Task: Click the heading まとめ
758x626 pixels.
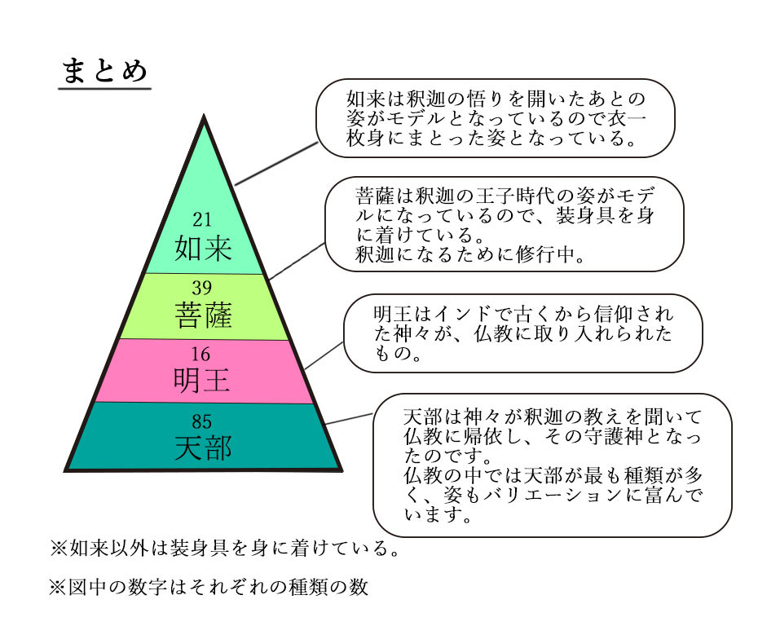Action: (x=104, y=71)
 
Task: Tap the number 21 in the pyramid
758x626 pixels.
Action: (x=202, y=220)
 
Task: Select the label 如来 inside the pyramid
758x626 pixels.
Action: (x=203, y=249)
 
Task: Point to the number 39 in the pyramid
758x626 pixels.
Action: (x=202, y=288)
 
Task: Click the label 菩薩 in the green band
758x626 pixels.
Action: (x=203, y=315)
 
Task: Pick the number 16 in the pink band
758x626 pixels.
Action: (x=201, y=355)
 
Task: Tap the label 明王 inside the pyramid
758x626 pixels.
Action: (x=201, y=381)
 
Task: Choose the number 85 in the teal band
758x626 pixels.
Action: (x=201, y=421)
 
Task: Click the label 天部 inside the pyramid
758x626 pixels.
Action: (x=203, y=448)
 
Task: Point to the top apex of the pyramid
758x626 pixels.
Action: (x=204, y=115)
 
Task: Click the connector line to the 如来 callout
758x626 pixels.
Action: (x=276, y=163)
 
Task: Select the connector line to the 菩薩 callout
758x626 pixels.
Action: (x=297, y=261)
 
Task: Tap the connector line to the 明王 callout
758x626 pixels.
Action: (x=324, y=355)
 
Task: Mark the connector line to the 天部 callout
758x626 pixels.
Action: (x=349, y=419)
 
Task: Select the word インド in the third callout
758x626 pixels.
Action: (x=463, y=314)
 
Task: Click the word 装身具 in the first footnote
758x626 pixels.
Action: (x=199, y=549)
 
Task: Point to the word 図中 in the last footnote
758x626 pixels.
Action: (x=87, y=587)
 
